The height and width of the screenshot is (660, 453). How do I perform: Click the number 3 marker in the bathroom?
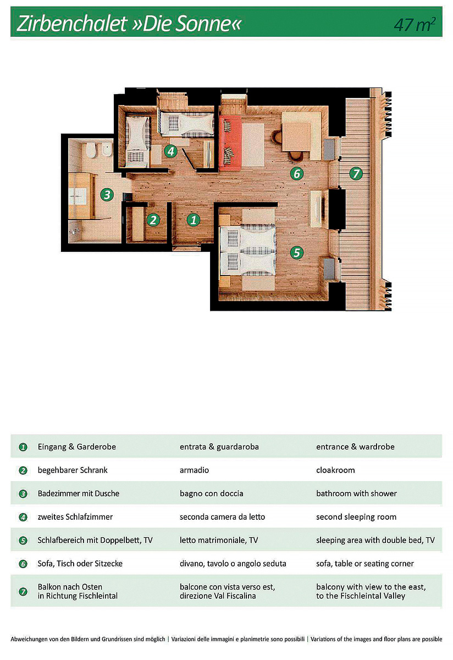[x=107, y=195]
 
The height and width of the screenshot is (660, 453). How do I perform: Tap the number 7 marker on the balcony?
[x=356, y=174]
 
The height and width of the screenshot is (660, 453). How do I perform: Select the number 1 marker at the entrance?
[x=193, y=220]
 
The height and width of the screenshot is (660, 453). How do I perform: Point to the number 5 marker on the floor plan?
[x=297, y=252]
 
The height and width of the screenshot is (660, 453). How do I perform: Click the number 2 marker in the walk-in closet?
[x=153, y=220]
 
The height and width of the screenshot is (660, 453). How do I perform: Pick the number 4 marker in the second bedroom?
[x=171, y=151]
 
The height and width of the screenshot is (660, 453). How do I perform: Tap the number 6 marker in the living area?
[x=297, y=174]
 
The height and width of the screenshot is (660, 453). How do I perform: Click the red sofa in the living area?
[x=230, y=143]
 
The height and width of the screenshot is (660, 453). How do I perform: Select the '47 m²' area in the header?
[x=415, y=24]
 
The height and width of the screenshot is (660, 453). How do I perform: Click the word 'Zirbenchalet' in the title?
[x=72, y=24]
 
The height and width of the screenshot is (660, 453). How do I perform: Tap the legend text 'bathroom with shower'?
[x=356, y=493]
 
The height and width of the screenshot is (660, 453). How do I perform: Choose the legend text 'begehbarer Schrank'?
[x=73, y=470]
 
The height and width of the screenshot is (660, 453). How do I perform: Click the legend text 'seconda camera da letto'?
[x=222, y=517]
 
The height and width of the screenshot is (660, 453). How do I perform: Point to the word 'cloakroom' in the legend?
[x=335, y=470]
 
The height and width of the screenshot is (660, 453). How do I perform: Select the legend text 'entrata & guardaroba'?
[x=219, y=447]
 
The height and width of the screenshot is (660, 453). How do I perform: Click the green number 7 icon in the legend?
[x=23, y=591]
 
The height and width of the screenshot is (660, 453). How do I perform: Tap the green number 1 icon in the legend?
[x=23, y=447]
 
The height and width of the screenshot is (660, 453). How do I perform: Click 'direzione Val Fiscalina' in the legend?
[x=218, y=596]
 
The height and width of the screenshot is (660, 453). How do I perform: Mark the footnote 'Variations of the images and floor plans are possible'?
[x=377, y=639]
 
